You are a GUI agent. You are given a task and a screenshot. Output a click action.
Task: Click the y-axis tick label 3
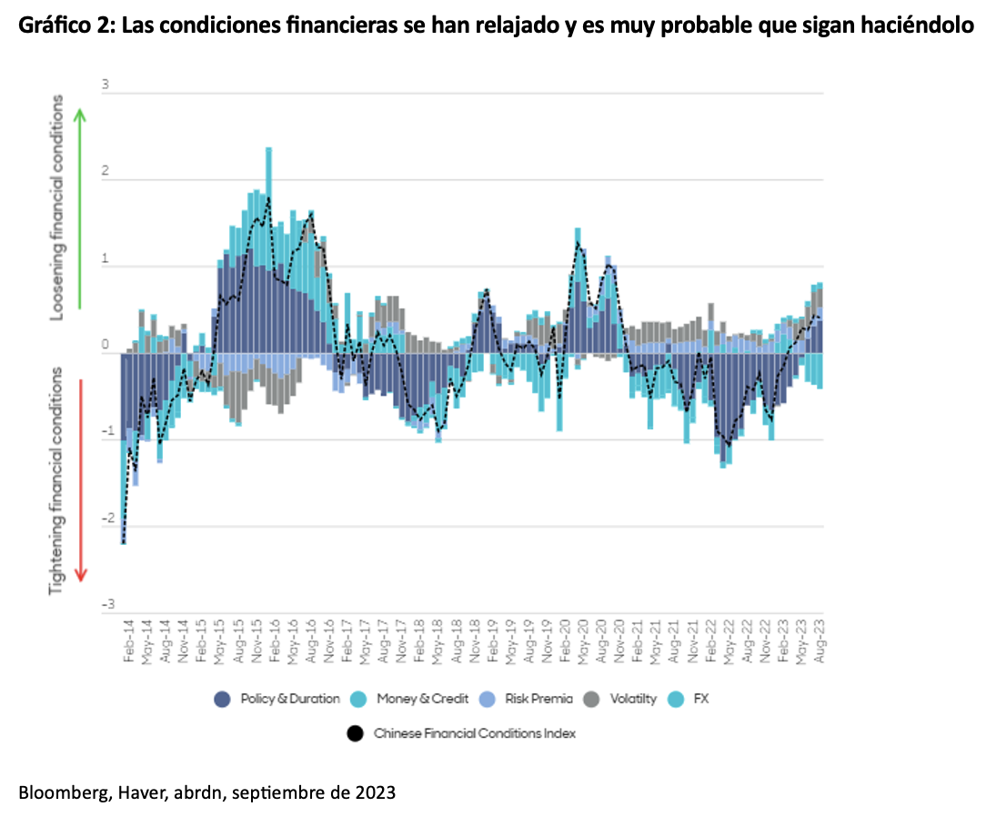[106, 85]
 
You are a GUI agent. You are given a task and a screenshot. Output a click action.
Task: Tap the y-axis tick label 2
[106, 171]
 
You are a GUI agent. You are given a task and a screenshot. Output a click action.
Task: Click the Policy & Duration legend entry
[277, 699]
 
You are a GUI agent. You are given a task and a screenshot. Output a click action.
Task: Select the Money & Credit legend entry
[422, 699]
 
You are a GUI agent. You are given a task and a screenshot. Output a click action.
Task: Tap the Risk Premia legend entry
[538, 699]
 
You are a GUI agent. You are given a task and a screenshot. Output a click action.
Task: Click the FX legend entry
[697, 699]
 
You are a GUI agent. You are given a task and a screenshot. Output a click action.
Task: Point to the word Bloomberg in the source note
[59, 792]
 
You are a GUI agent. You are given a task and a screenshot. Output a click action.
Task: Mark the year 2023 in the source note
[374, 792]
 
